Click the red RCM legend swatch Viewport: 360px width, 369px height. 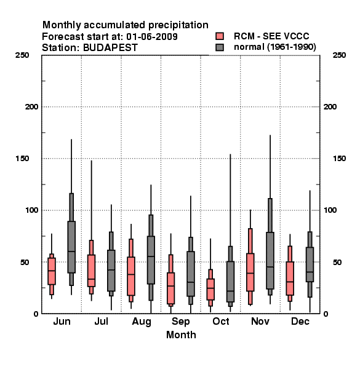click(220, 36)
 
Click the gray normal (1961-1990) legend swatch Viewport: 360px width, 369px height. click(220, 47)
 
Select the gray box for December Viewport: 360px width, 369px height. click(310, 264)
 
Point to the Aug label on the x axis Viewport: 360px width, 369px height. click(142, 322)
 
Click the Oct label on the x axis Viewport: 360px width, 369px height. click(220, 321)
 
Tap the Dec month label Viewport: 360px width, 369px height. click(300, 321)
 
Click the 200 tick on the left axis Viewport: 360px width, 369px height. click(31, 107)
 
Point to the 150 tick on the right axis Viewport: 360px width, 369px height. click(339, 159)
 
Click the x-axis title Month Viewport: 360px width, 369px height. click(181, 335)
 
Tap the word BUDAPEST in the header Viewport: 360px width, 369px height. click(110, 48)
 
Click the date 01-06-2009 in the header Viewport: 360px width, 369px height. click(152, 37)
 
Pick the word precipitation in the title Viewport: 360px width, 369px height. click(178, 25)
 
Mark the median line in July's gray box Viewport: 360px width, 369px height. click(111, 270)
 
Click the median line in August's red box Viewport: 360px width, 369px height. click(131, 274)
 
